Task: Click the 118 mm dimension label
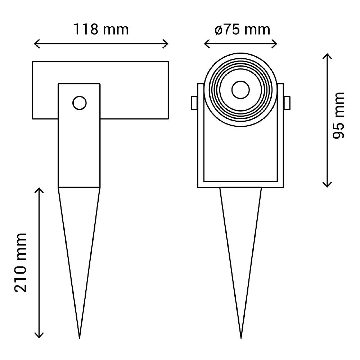pyautogui.click(x=101, y=29)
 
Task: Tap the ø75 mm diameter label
pyautogui.click(x=242, y=29)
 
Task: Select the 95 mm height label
pyautogui.click(x=338, y=116)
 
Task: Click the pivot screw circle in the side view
pyautogui.click(x=79, y=103)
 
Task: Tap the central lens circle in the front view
pyautogui.click(x=240, y=90)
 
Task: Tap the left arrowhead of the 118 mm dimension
pyautogui.click(x=35, y=44)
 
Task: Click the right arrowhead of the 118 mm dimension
pyautogui.click(x=166, y=44)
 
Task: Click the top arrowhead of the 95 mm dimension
pyautogui.click(x=327, y=55)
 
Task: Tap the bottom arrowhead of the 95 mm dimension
pyautogui.click(x=327, y=185)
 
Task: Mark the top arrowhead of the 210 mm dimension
pyautogui.click(x=39, y=189)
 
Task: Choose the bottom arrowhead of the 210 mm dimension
pyautogui.click(x=39, y=337)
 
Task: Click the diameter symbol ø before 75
pyautogui.click(x=219, y=30)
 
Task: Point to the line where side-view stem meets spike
pyautogui.click(x=79, y=187)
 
